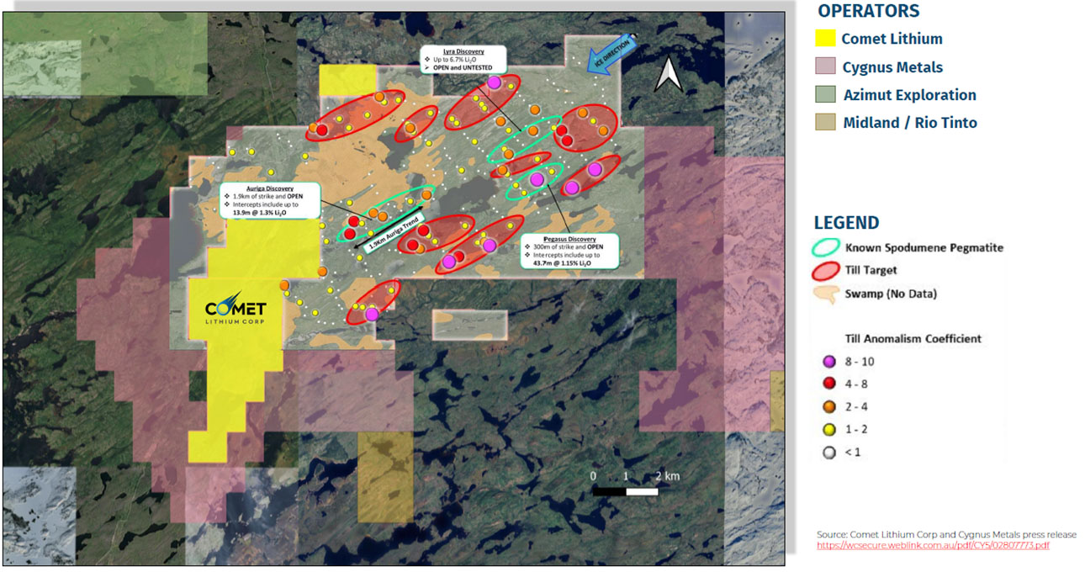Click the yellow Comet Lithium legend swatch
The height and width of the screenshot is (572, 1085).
pyautogui.click(x=826, y=39)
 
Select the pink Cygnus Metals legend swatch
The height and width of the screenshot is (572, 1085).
pyautogui.click(x=826, y=67)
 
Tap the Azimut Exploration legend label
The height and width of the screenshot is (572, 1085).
pyautogui.click(x=909, y=95)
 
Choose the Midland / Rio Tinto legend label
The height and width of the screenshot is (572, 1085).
pyautogui.click(x=910, y=123)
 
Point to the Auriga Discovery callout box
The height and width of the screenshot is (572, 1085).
pyautogui.click(x=269, y=200)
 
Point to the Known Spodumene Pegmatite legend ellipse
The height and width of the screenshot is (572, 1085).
pyautogui.click(x=826, y=247)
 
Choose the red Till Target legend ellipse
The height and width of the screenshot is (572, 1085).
pyautogui.click(x=826, y=270)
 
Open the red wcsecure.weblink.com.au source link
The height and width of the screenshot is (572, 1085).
pyautogui.click(x=933, y=546)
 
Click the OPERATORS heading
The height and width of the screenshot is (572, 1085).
pyautogui.click(x=868, y=11)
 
